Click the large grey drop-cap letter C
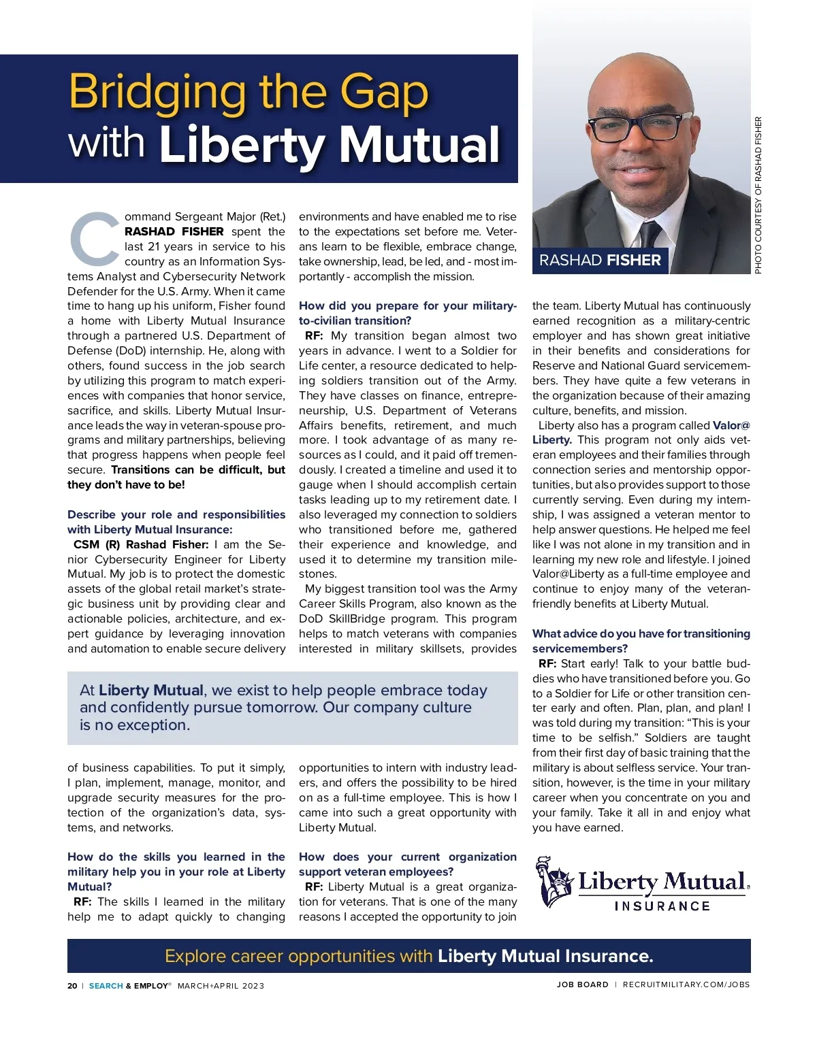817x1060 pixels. point(95,239)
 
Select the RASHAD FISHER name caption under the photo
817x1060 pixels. point(600,261)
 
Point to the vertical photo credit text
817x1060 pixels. point(758,196)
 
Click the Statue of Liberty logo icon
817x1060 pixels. point(555,882)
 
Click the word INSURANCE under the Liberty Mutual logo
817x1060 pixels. point(662,906)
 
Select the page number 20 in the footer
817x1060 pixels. point(72,986)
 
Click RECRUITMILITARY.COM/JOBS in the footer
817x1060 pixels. point(686,984)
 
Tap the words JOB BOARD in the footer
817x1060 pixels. point(582,984)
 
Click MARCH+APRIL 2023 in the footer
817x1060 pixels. point(221,986)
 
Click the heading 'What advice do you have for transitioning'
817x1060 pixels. point(641,633)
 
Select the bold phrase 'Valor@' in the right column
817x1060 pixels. point(731,425)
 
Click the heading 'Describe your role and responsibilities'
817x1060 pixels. point(176,514)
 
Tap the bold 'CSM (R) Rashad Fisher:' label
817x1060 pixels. point(141,544)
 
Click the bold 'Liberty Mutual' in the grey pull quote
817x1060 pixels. point(151,690)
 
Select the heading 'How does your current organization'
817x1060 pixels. point(407,857)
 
